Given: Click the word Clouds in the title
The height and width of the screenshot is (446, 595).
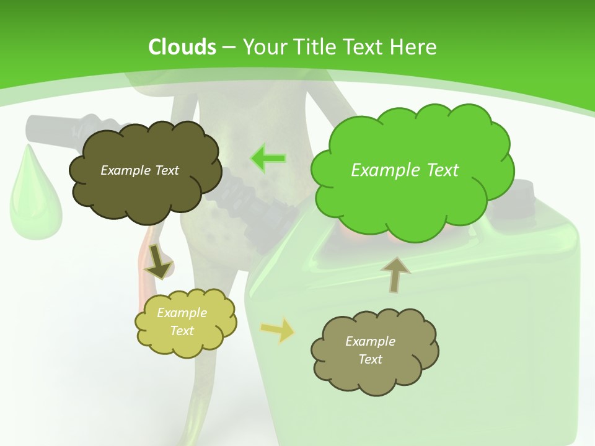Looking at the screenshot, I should click(x=182, y=47).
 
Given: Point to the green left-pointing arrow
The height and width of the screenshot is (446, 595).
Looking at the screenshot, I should click(x=268, y=159).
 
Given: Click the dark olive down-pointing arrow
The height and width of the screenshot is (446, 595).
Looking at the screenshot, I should click(x=158, y=262).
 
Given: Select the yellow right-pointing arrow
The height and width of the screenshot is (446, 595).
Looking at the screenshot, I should click(x=278, y=330).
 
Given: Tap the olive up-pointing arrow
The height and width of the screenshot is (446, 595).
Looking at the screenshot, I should click(x=395, y=274).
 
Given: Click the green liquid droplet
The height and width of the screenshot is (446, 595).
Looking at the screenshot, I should click(x=34, y=198).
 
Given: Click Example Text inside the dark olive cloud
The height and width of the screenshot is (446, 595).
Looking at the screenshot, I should click(x=139, y=170).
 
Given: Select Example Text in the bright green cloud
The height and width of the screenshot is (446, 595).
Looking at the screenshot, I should click(x=405, y=170).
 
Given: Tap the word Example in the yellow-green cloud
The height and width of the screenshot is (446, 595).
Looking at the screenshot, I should click(x=182, y=313).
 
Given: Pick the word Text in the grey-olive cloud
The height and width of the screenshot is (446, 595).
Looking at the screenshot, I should click(x=370, y=359).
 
